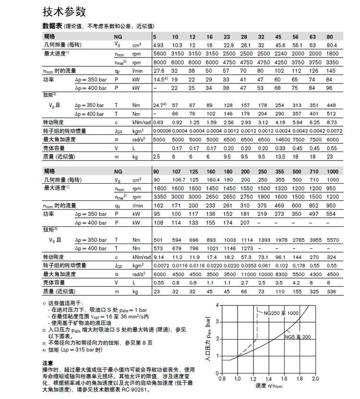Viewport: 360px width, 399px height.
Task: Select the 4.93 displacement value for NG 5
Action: click(158, 45)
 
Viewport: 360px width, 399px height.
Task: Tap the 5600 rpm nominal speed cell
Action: click(159, 53)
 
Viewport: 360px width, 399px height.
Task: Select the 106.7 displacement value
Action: click(179, 179)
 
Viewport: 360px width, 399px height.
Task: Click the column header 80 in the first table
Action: click(330, 36)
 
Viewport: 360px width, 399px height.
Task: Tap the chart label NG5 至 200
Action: click(298, 337)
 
